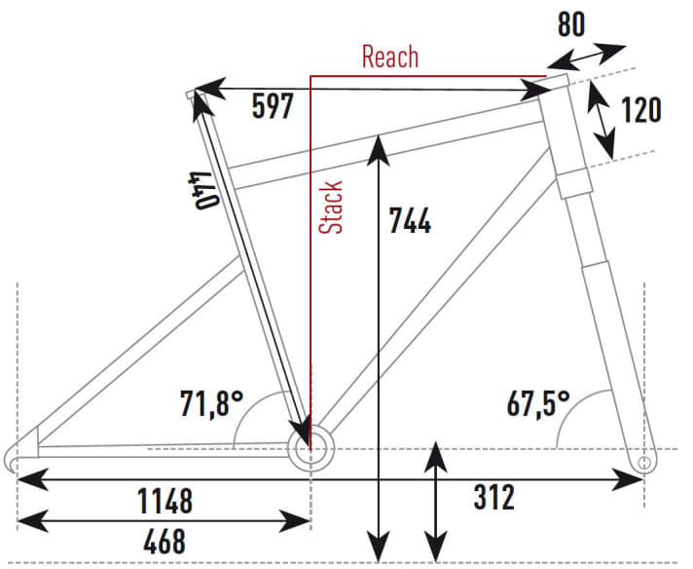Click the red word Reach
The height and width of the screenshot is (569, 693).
[x=389, y=57]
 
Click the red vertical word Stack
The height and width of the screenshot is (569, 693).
[x=333, y=207]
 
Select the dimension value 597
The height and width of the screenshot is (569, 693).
[x=273, y=106]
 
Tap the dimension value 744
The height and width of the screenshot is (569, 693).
[x=410, y=221]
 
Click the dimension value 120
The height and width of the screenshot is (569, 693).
[x=640, y=110]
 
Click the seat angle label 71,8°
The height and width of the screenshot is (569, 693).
[x=211, y=402]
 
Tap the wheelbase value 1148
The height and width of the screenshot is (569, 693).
[x=165, y=502]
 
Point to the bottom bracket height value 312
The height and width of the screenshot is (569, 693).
[x=494, y=499]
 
